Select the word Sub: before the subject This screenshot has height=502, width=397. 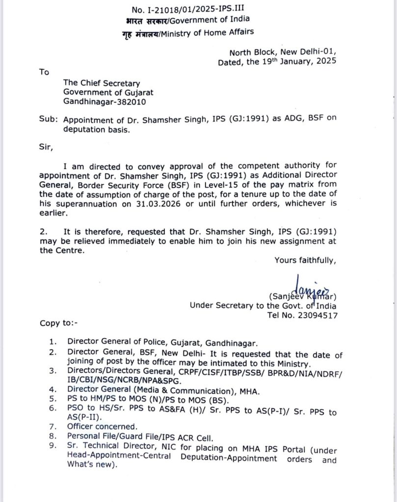47,119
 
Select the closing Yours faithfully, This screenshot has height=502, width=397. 305,260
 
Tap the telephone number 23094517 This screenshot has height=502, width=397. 315,316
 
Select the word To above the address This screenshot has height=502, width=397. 44,72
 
